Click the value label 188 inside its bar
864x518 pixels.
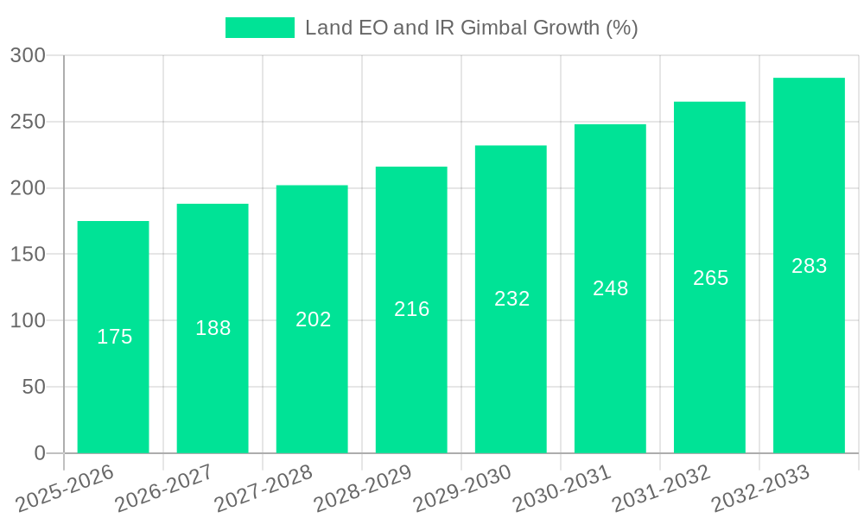213,328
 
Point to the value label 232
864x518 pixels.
511,299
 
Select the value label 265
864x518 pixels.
710,278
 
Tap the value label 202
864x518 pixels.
313,319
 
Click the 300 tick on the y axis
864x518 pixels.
28,56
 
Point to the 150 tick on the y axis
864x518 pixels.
28,255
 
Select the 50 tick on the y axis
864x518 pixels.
34,387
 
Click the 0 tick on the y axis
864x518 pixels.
40,453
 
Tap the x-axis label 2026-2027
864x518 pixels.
164,488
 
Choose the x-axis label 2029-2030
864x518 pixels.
462,488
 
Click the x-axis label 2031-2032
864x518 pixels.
661,488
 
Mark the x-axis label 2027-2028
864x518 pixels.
264,488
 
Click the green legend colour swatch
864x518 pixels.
259,28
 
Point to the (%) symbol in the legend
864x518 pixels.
621,28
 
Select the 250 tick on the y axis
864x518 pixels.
28,122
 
